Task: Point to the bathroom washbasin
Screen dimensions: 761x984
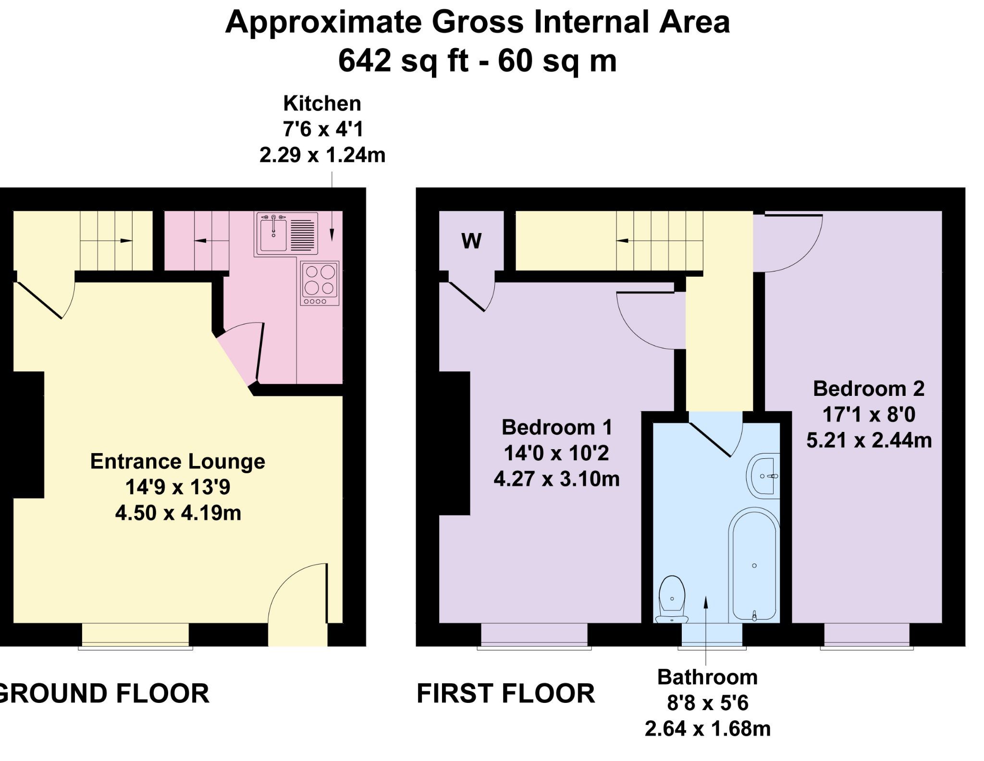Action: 764,476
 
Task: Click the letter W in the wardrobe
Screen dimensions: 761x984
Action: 471,241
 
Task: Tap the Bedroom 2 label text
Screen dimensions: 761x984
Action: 868,389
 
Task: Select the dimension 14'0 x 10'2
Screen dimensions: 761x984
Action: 556,453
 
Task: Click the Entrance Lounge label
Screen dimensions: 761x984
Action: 177,461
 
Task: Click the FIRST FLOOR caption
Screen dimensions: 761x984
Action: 505,694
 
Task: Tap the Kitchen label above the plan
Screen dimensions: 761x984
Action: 322,103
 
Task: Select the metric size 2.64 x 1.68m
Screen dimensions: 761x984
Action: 707,729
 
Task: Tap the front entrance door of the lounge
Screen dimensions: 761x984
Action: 327,593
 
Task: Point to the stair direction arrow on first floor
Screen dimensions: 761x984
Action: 623,240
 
